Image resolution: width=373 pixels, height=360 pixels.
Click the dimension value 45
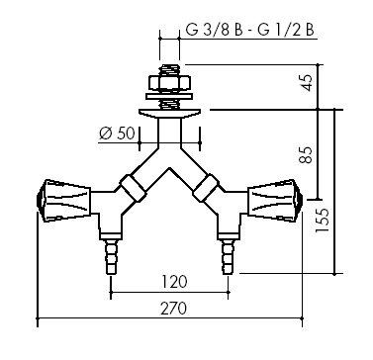click(x=307, y=83)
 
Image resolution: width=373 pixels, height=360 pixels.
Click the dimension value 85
click(x=307, y=154)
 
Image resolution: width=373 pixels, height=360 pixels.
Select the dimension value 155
click(x=323, y=221)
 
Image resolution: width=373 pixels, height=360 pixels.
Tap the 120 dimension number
click(x=174, y=282)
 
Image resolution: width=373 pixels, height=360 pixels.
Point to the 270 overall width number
click(x=174, y=309)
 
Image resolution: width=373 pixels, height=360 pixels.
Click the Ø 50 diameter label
click(x=117, y=134)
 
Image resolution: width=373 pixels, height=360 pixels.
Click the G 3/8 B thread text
click(x=214, y=31)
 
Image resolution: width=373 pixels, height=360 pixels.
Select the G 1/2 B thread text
click(x=286, y=31)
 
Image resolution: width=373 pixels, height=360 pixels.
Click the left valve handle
click(x=63, y=201)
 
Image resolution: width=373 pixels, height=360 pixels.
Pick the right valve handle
click(x=275, y=201)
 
